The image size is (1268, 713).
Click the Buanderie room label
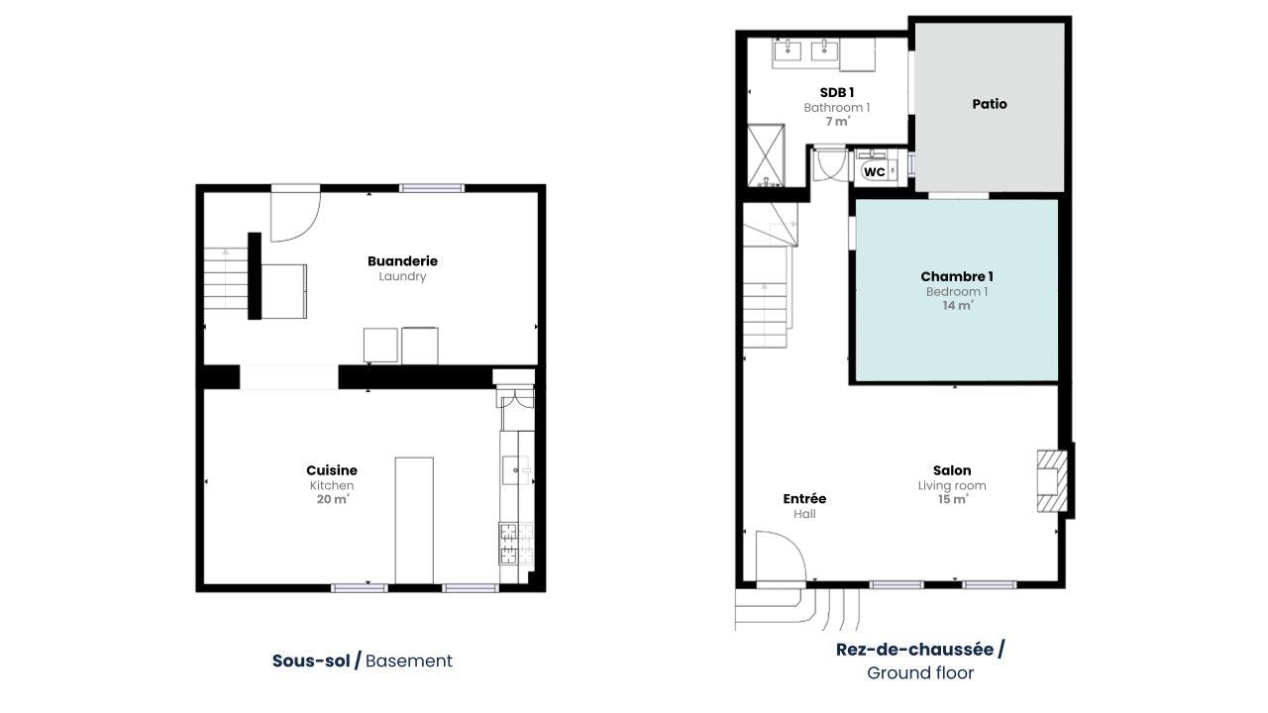point(402,260)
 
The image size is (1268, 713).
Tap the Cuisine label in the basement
point(332,470)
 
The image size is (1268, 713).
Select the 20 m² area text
point(333,499)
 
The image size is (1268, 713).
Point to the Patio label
point(990,104)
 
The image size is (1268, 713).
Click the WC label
point(875,172)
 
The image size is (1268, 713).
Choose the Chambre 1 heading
point(957,276)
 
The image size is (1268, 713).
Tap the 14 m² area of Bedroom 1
point(958,306)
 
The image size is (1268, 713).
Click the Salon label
point(952,470)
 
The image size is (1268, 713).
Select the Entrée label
point(804,498)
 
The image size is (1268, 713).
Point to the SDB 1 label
point(837,92)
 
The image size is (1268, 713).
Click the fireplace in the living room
point(1052,481)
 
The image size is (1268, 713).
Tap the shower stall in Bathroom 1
point(766,155)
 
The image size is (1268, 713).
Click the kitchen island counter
point(414,521)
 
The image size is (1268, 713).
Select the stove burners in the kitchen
point(516,544)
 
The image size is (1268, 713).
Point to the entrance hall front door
point(781,557)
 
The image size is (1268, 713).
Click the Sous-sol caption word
point(311,661)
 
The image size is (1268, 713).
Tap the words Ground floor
point(920,672)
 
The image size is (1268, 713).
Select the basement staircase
point(226,278)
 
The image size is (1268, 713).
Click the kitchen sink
point(516,470)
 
